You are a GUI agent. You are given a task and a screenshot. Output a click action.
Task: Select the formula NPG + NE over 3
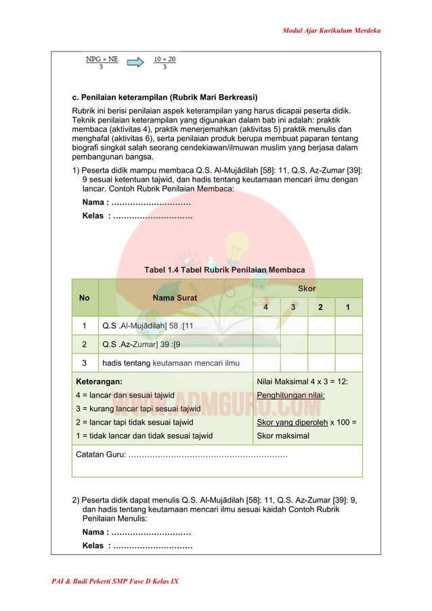point(102,63)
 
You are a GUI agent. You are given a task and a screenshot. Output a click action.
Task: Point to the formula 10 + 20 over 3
point(165,63)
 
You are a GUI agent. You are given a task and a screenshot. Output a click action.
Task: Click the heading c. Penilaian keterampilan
point(167,96)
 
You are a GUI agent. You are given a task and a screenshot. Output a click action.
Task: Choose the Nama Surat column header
point(175,297)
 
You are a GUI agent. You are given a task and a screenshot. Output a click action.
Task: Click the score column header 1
point(348,308)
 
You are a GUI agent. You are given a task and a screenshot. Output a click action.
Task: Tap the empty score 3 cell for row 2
point(293,345)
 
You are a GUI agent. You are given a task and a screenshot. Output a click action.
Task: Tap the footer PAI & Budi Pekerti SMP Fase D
point(116,582)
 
